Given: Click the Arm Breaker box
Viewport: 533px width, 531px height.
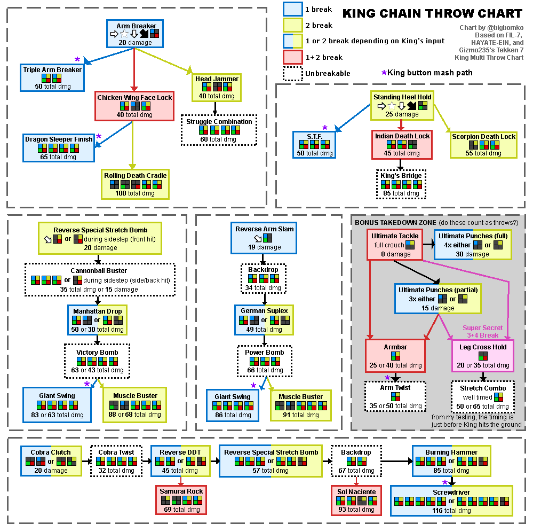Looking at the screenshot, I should [136, 34].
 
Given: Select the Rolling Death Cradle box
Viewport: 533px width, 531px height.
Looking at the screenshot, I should [136, 184].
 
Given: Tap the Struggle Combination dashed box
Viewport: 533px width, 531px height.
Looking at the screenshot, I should [219, 130].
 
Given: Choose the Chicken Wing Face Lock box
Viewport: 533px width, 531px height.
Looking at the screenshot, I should [134, 106].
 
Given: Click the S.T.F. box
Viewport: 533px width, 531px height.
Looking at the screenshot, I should [314, 145].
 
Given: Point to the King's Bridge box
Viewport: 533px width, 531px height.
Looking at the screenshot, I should [401, 184].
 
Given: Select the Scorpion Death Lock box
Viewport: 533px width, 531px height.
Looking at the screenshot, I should [483, 145].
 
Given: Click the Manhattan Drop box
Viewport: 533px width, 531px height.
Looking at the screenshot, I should [97, 320].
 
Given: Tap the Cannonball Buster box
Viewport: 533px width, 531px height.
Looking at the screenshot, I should [100, 280].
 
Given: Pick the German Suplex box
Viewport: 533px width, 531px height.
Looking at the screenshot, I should [264, 319].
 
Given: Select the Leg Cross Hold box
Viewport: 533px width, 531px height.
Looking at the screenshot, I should [483, 356].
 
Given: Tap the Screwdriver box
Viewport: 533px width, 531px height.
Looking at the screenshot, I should [452, 501].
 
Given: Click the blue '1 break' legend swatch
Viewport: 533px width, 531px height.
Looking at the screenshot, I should [292, 9].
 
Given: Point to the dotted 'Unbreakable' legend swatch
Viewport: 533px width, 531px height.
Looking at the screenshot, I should [292, 73].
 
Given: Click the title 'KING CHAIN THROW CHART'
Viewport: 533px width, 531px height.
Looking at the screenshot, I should [432, 13].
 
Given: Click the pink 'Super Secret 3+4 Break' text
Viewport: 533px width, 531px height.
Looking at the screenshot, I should [482, 331].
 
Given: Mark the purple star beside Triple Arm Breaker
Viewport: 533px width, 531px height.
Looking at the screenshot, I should [77, 60].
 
